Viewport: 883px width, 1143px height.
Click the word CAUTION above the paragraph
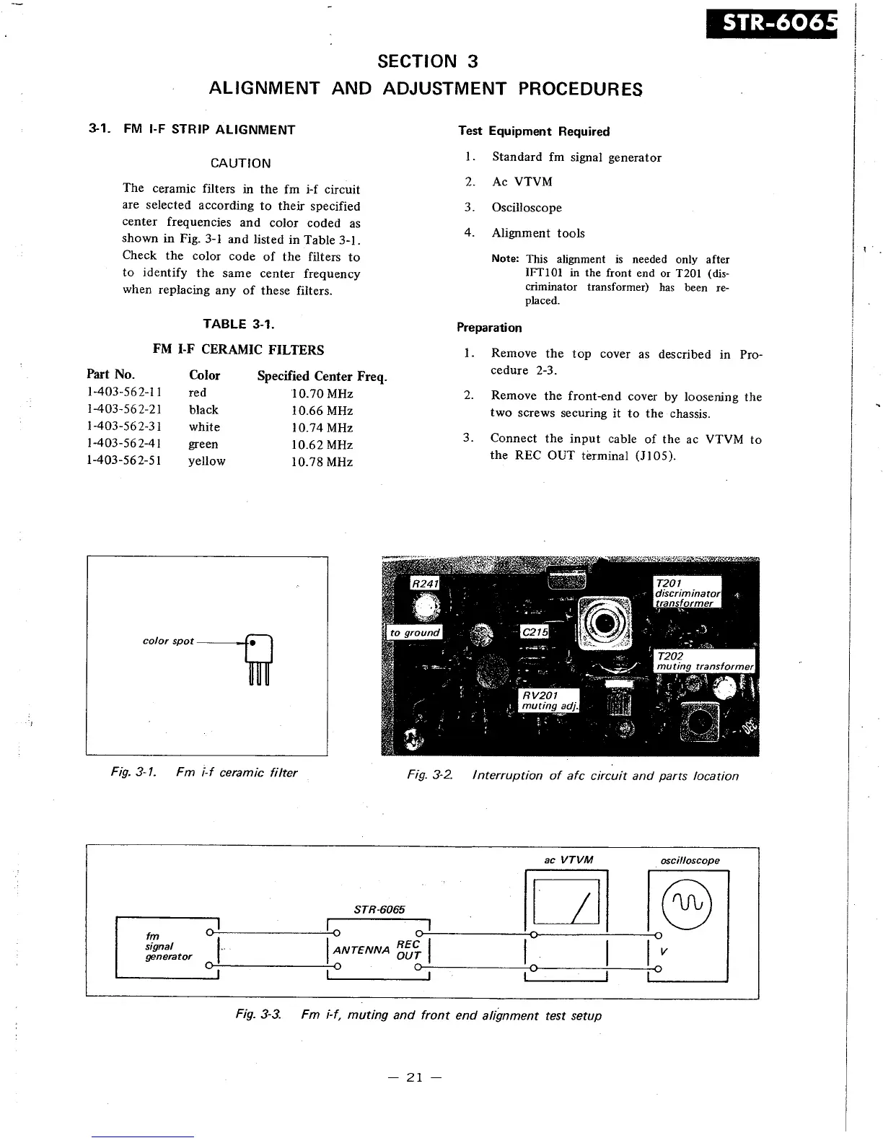(x=240, y=163)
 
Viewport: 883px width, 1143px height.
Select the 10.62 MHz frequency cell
(x=322, y=444)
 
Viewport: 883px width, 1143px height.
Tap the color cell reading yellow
(x=206, y=461)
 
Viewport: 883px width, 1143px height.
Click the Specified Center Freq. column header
(x=322, y=376)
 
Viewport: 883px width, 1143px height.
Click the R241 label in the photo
(x=424, y=583)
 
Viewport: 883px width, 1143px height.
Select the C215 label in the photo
(x=535, y=632)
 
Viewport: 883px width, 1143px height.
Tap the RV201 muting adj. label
(x=549, y=700)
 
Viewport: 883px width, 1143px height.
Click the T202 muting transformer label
(x=703, y=661)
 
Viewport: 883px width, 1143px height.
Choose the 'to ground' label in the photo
(x=414, y=633)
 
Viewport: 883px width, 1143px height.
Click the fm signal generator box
(x=167, y=947)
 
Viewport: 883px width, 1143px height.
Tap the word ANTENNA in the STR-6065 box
(x=361, y=950)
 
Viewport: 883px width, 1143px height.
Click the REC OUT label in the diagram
(x=408, y=950)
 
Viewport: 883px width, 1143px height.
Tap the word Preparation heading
(x=489, y=328)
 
